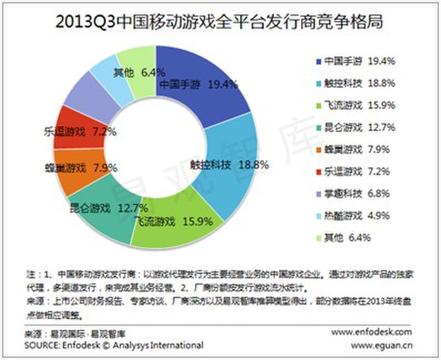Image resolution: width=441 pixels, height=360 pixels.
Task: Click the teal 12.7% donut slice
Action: pyautogui.click(x=100, y=219)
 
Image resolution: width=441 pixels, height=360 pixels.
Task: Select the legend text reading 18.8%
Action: pyautogui.click(x=383, y=83)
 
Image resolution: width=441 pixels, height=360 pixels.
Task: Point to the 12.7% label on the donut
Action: pyautogui.click(x=132, y=209)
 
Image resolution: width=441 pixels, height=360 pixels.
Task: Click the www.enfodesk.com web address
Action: pyautogui.click(x=372, y=332)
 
